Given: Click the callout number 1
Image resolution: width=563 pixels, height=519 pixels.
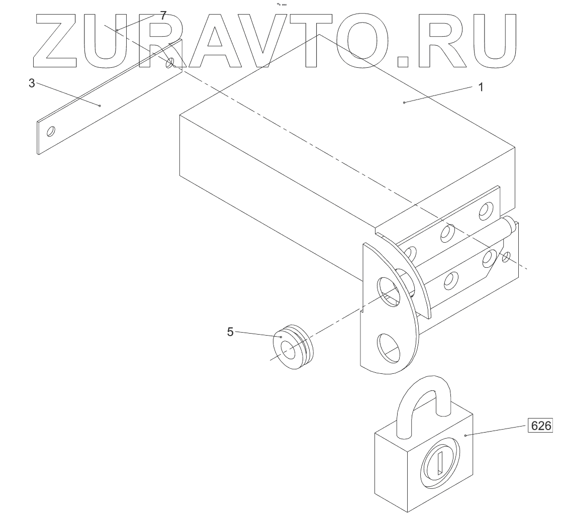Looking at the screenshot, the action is (480, 87).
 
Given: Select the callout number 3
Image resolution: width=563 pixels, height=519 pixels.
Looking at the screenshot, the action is (32, 83).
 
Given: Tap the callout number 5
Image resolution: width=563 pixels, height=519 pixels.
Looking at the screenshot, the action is (230, 332).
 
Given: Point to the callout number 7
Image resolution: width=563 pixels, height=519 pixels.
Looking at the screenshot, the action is (162, 16).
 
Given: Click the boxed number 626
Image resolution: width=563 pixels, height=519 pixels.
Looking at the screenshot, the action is (541, 425).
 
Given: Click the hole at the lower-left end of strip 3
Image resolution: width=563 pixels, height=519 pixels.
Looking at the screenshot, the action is (51, 132).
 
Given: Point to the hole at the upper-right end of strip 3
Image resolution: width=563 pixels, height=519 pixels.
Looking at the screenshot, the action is (170, 63).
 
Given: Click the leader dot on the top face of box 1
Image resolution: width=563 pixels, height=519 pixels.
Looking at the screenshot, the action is (404, 102).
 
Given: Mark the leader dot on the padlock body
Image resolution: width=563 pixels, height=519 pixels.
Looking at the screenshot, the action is (466, 435).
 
